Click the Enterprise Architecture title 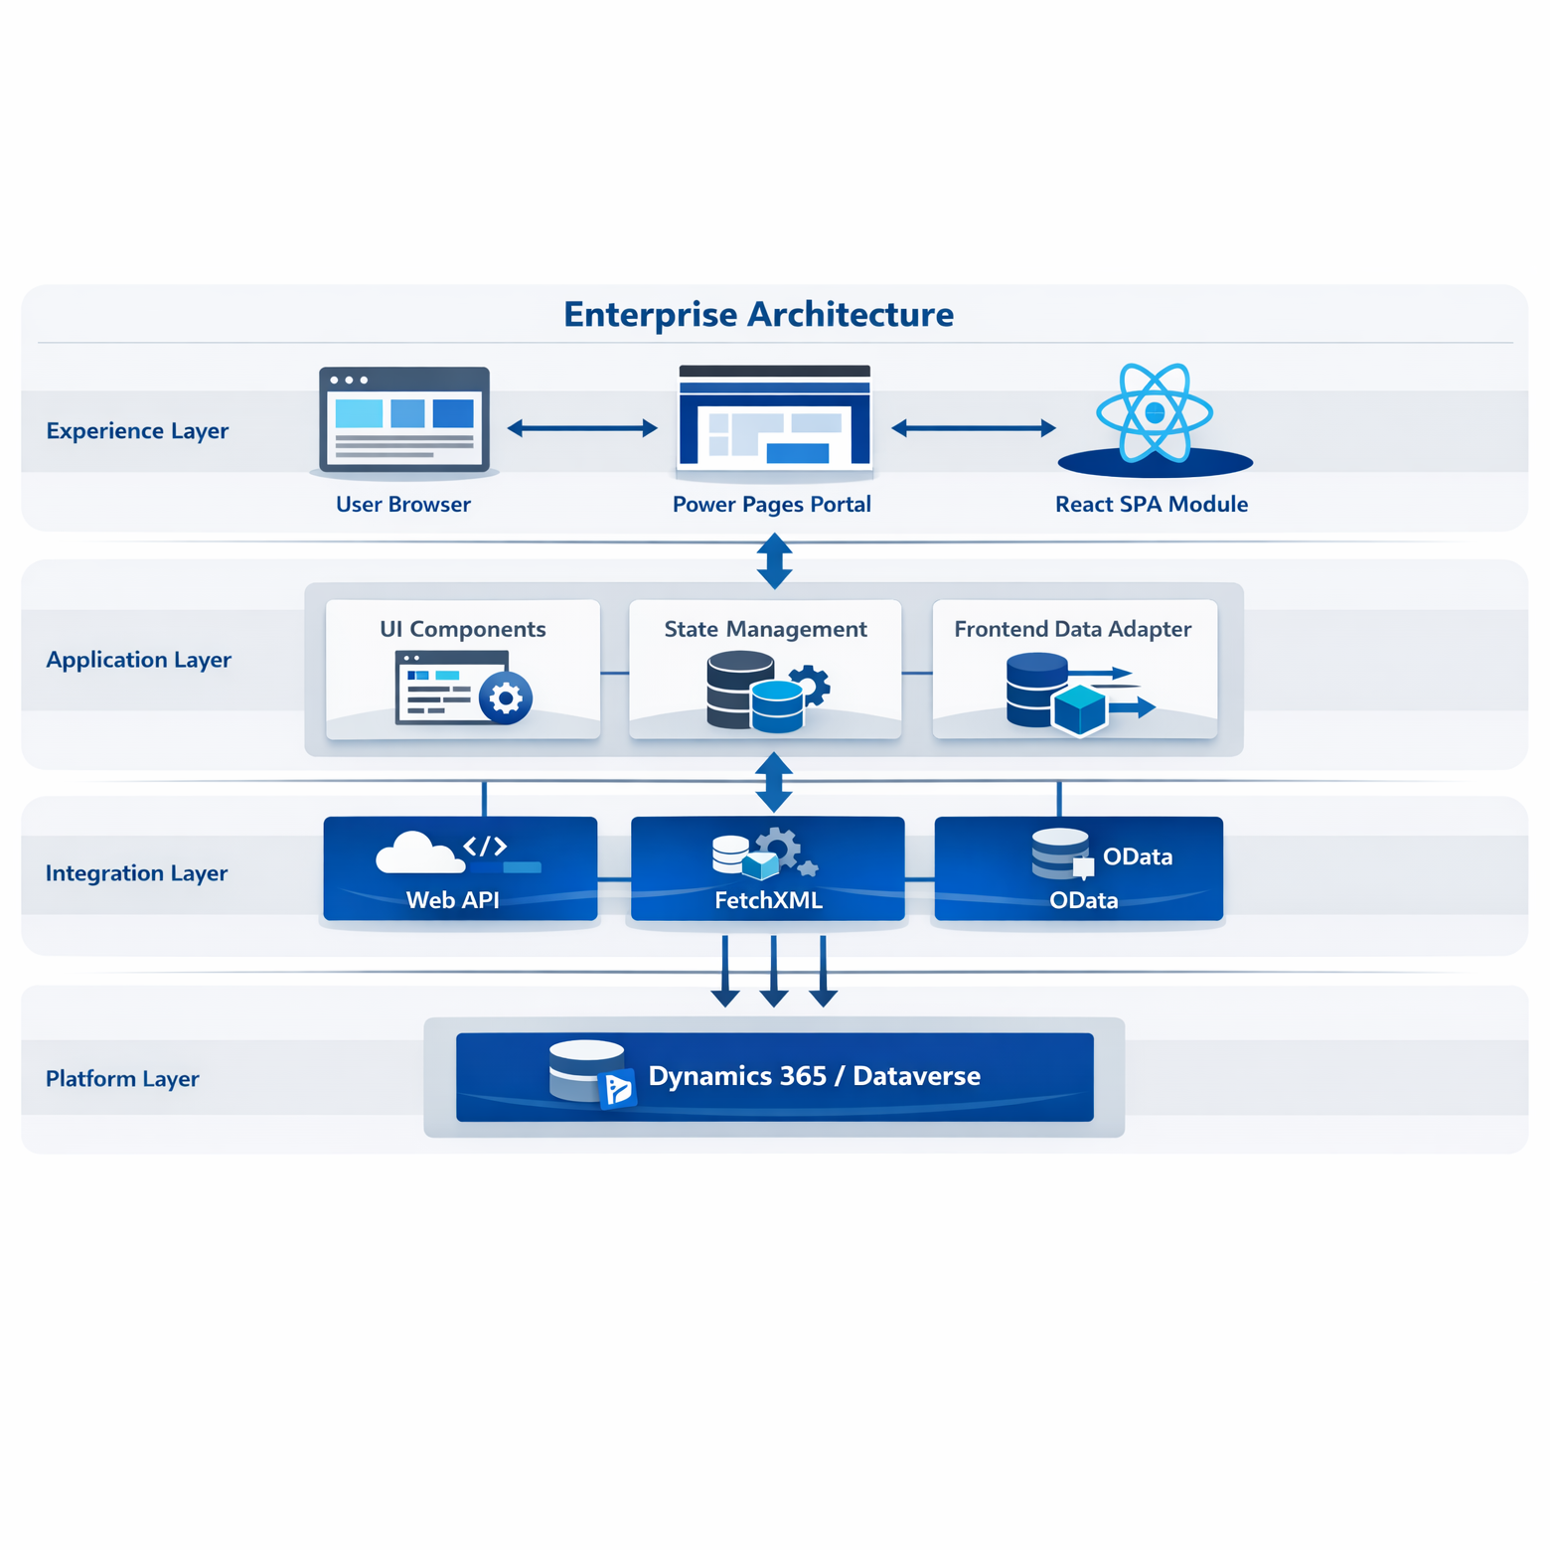tap(758, 315)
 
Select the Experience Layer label tap(137, 431)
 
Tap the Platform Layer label tap(122, 1079)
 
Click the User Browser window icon tap(403, 419)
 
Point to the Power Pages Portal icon tap(774, 417)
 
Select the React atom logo tap(1154, 412)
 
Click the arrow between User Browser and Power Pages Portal tap(582, 428)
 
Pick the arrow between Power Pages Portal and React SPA tap(973, 428)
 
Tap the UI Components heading tap(463, 629)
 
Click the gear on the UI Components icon tap(506, 698)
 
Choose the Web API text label tap(453, 900)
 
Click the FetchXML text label tap(768, 900)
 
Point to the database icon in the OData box tap(1060, 853)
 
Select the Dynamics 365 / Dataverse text tap(814, 1076)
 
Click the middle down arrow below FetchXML tap(774, 973)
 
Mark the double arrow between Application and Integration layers tap(774, 781)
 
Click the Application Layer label tap(138, 660)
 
